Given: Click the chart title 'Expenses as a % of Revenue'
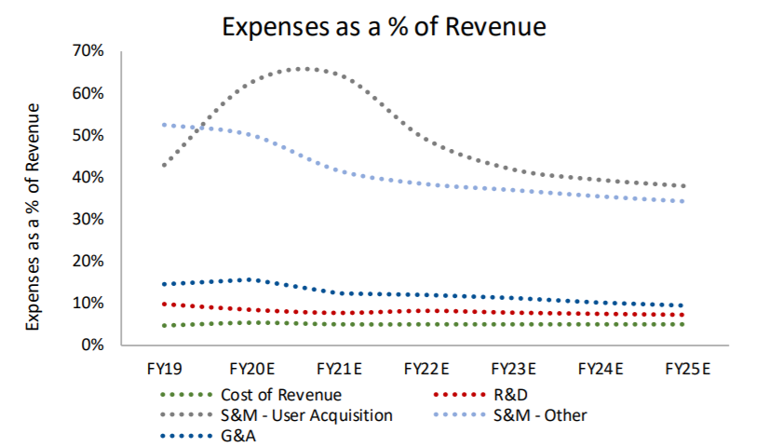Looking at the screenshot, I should coord(383,25).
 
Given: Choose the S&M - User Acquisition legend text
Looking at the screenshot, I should coord(307,414).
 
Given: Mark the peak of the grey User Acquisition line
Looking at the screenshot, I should coord(304,68).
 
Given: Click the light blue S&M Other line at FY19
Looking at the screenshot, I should coord(164,124).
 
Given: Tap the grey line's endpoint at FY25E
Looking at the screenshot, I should coord(684,185).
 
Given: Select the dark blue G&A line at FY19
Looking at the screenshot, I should coord(164,284).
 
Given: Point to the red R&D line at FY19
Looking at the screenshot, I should coord(164,304).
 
